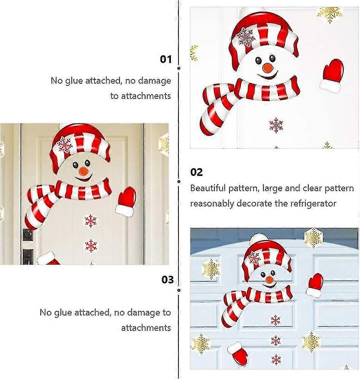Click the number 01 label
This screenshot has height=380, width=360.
tap(166, 59)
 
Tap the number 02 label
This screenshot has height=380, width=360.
tap(196, 172)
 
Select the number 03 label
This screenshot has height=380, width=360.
tap(168, 279)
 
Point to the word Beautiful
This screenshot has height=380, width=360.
tap(208, 188)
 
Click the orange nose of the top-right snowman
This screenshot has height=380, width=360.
tap(268, 68)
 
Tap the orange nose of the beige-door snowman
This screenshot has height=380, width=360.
tap(84, 172)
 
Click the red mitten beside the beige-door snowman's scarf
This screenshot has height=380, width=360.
tap(126, 201)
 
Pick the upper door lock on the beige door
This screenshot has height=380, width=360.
tap(28, 235)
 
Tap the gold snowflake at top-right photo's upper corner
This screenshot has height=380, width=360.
tap(330, 14)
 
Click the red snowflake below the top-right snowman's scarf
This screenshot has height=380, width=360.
tap(276, 125)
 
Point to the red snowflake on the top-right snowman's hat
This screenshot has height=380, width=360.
tap(246, 37)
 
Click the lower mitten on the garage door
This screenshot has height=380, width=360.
tap(237, 354)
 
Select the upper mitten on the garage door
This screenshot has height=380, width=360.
tap(315, 285)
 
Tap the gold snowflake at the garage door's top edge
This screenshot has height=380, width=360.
tap(314, 238)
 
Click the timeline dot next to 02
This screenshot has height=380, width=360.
tap(179, 182)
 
